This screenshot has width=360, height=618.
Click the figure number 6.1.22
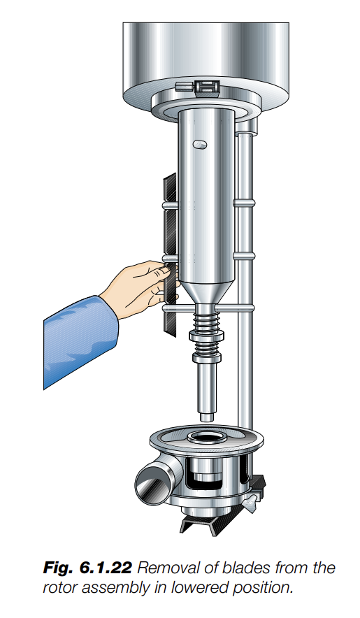(105, 568)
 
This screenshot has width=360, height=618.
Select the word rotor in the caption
(59, 588)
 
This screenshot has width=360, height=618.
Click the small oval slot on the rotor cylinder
(199, 145)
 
